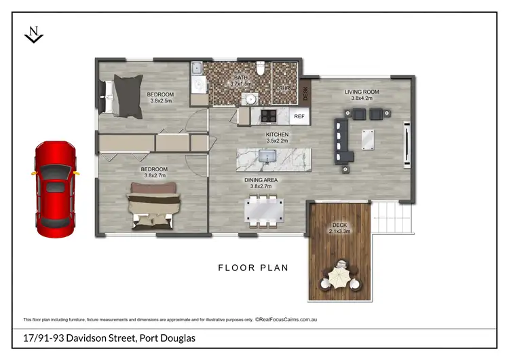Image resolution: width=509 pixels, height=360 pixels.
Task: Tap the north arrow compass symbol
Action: (x=33, y=35)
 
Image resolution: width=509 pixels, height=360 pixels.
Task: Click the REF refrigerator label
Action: (x=299, y=117)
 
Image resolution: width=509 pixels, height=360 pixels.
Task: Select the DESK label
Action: (x=305, y=92)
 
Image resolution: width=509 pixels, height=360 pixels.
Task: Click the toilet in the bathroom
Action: (x=260, y=69)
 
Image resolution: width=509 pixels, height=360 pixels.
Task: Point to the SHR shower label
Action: (x=284, y=88)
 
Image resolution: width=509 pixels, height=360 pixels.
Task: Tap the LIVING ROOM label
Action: (x=361, y=92)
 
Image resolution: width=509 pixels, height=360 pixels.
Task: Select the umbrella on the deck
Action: (x=339, y=277)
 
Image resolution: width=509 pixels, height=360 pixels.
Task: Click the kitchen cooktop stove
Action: (x=268, y=115)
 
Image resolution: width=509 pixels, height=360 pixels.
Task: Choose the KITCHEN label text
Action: (x=277, y=134)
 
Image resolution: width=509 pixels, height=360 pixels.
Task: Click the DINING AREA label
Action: (x=261, y=180)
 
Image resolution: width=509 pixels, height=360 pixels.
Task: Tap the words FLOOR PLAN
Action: (x=253, y=268)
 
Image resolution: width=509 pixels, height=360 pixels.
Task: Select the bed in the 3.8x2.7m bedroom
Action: (x=154, y=207)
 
